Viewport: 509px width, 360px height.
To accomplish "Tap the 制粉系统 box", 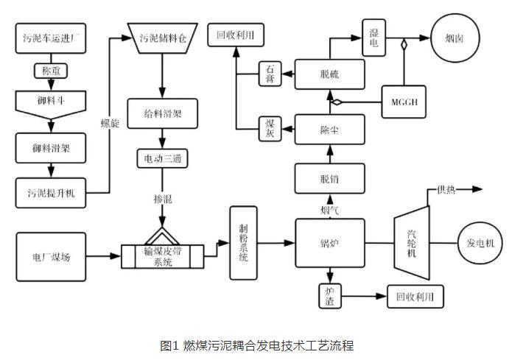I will (242, 243).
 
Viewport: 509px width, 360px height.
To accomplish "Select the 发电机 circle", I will (481, 242).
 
